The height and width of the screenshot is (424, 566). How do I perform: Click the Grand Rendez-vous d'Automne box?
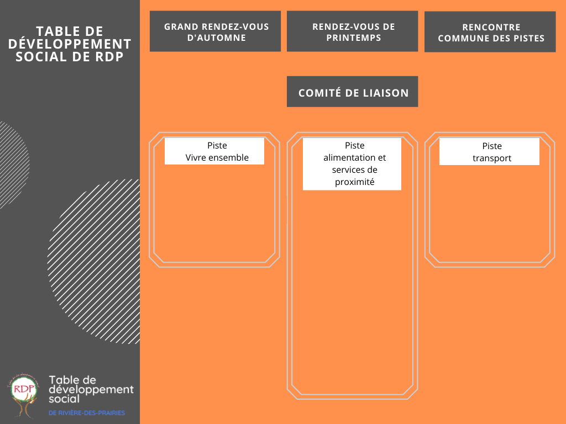click(x=215, y=31)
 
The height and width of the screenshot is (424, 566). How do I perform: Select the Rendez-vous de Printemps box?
click(x=352, y=31)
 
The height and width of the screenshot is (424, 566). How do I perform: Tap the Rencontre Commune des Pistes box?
click(x=490, y=31)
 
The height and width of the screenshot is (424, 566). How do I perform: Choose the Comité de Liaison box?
click(x=352, y=92)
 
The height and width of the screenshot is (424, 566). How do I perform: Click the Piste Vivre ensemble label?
click(x=214, y=151)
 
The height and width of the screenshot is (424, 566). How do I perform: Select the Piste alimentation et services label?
click(x=352, y=163)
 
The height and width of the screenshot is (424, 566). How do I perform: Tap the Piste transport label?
click(x=489, y=151)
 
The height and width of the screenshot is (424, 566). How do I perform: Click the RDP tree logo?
click(x=24, y=395)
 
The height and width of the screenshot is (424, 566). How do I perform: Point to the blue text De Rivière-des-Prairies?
click(x=87, y=413)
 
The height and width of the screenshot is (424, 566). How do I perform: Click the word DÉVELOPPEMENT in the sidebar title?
click(x=70, y=44)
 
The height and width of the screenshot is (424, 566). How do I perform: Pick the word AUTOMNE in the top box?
click(x=217, y=38)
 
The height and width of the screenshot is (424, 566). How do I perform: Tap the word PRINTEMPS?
click(x=354, y=38)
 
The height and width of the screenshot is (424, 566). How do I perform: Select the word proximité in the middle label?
click(x=354, y=182)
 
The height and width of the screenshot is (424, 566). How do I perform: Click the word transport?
click(x=492, y=158)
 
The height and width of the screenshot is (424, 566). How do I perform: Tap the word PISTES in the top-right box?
click(x=530, y=38)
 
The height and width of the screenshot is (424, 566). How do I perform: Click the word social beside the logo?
click(x=64, y=399)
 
